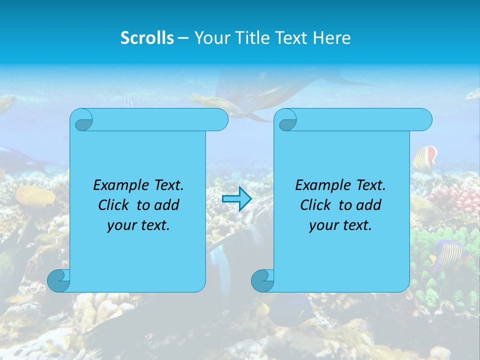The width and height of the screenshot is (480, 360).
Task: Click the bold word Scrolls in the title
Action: coord(147,38)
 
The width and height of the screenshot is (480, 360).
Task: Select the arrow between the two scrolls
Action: coord(236,199)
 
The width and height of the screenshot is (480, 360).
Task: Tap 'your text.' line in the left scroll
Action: coord(138,225)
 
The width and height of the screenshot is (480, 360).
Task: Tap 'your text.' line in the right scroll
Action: coord(340,225)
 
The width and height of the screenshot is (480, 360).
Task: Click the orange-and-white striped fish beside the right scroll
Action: coord(425,158)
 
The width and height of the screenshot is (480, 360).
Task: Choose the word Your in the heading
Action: coord(209,38)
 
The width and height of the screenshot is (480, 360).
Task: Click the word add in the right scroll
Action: coord(369,205)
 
